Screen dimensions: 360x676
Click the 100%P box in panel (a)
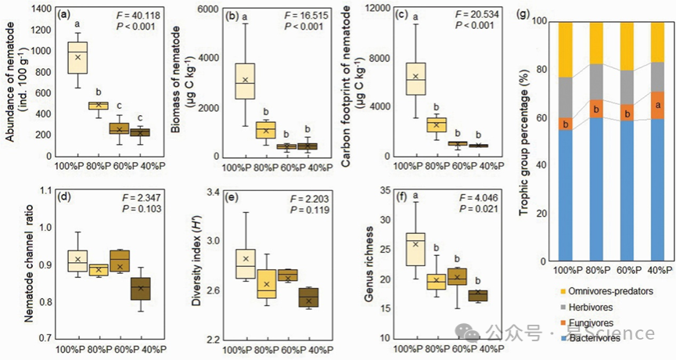(77, 57)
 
